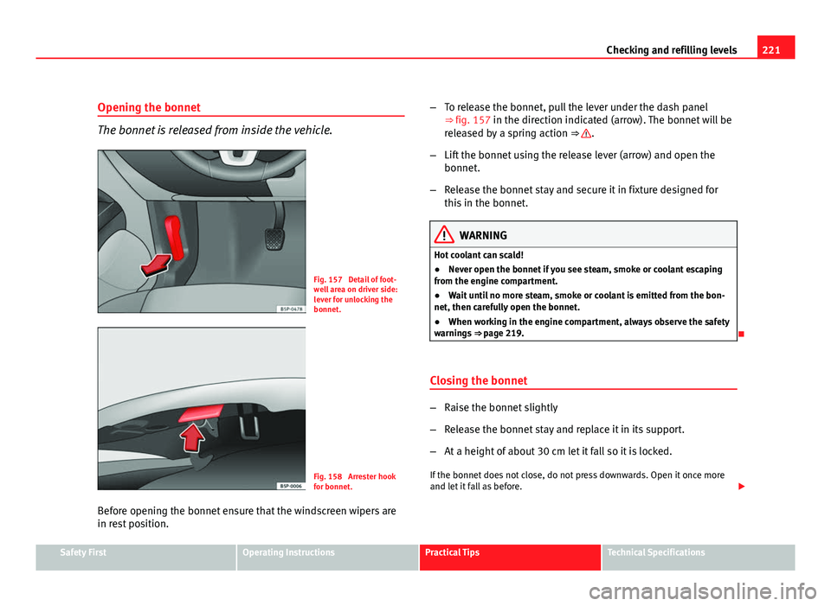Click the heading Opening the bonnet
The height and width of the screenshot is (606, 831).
tap(149, 107)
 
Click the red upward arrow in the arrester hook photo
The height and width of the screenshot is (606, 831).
tap(193, 431)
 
